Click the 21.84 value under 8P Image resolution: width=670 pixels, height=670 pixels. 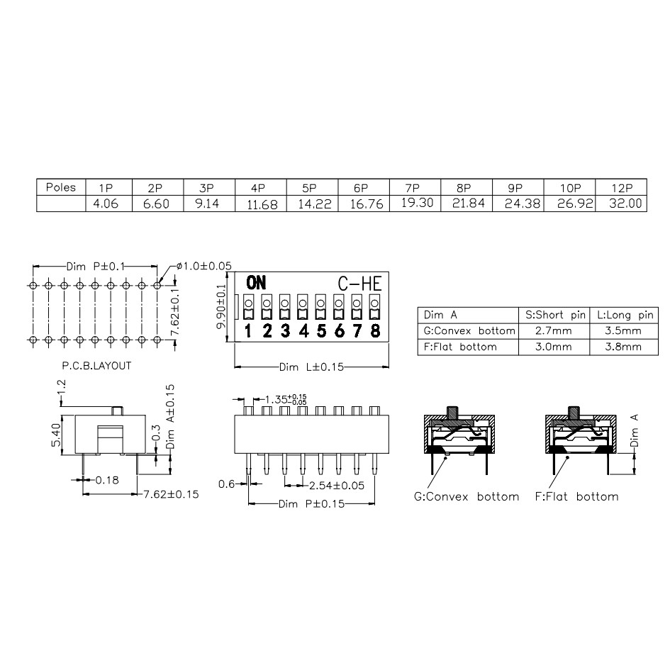(469, 203)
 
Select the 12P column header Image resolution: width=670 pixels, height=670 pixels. (622, 188)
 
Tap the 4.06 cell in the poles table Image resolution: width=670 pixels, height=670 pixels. (106, 203)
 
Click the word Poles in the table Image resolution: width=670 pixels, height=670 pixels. (61, 187)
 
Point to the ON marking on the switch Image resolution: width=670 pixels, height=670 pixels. (256, 283)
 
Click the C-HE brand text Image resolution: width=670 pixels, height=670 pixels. (359, 284)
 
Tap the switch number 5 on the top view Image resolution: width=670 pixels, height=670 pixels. (321, 330)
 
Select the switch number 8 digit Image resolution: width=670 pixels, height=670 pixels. (375, 330)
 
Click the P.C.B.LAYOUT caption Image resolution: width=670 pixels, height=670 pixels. (96, 366)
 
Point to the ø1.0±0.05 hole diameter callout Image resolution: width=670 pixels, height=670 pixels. (204, 266)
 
